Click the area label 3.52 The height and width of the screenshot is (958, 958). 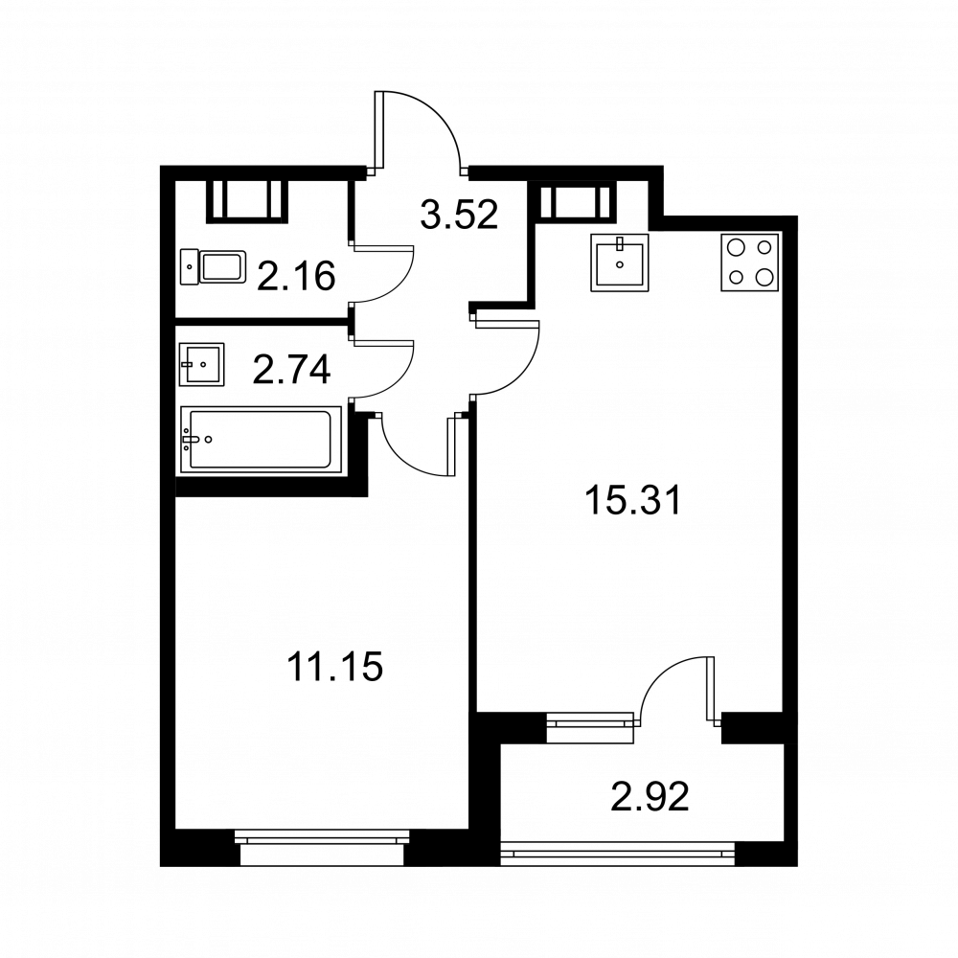point(460,215)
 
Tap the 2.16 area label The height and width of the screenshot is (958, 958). point(296,276)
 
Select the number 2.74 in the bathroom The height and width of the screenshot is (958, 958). point(292,370)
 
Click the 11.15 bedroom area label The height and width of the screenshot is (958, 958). point(334,666)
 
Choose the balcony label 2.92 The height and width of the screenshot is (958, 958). point(650,797)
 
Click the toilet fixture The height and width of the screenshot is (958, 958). point(214,267)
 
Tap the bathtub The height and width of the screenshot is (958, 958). point(261,440)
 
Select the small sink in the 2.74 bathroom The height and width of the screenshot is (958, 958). point(201,365)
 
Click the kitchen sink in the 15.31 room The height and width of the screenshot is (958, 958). point(620,262)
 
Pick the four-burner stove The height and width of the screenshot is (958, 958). point(750,262)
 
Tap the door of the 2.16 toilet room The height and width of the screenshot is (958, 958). point(382,273)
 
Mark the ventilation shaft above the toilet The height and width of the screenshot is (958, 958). point(247,201)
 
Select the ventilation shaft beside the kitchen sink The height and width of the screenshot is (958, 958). point(574,200)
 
